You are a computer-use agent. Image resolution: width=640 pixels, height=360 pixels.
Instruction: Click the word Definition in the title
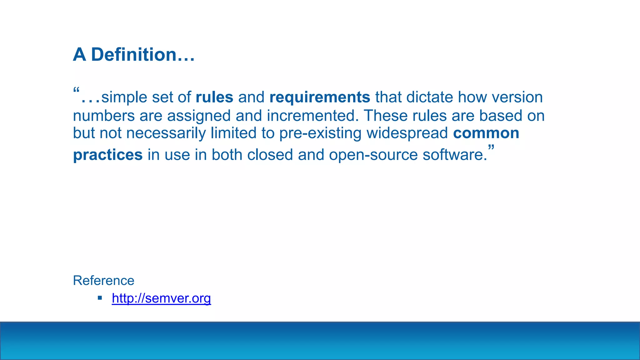[134, 55]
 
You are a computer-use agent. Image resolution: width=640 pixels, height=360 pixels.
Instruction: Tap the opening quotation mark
[76, 91]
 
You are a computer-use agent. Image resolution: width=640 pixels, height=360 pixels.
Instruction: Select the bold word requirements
[320, 97]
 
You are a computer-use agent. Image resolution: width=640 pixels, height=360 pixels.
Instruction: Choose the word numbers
[104, 116]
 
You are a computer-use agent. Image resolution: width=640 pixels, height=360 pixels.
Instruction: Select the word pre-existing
[320, 133]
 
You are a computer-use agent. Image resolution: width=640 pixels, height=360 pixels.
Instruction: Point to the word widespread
[407, 133]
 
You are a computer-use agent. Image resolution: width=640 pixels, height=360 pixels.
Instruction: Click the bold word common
[486, 133]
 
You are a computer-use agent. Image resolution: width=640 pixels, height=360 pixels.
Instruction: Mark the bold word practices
[108, 155]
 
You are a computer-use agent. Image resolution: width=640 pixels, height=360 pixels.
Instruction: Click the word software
[454, 155]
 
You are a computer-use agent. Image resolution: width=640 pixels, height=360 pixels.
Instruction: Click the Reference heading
[103, 281]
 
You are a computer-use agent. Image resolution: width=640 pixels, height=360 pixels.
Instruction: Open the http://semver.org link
[161, 298]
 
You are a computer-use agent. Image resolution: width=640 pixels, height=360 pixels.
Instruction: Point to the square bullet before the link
[100, 298]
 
